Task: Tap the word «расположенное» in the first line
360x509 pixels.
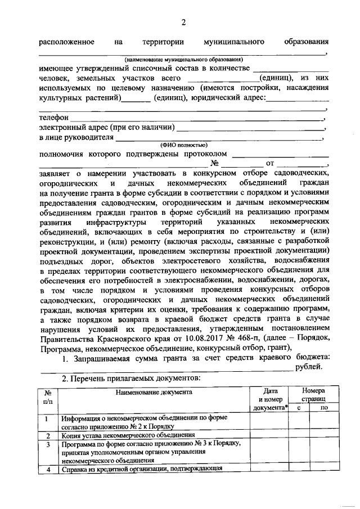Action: (66, 42)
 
